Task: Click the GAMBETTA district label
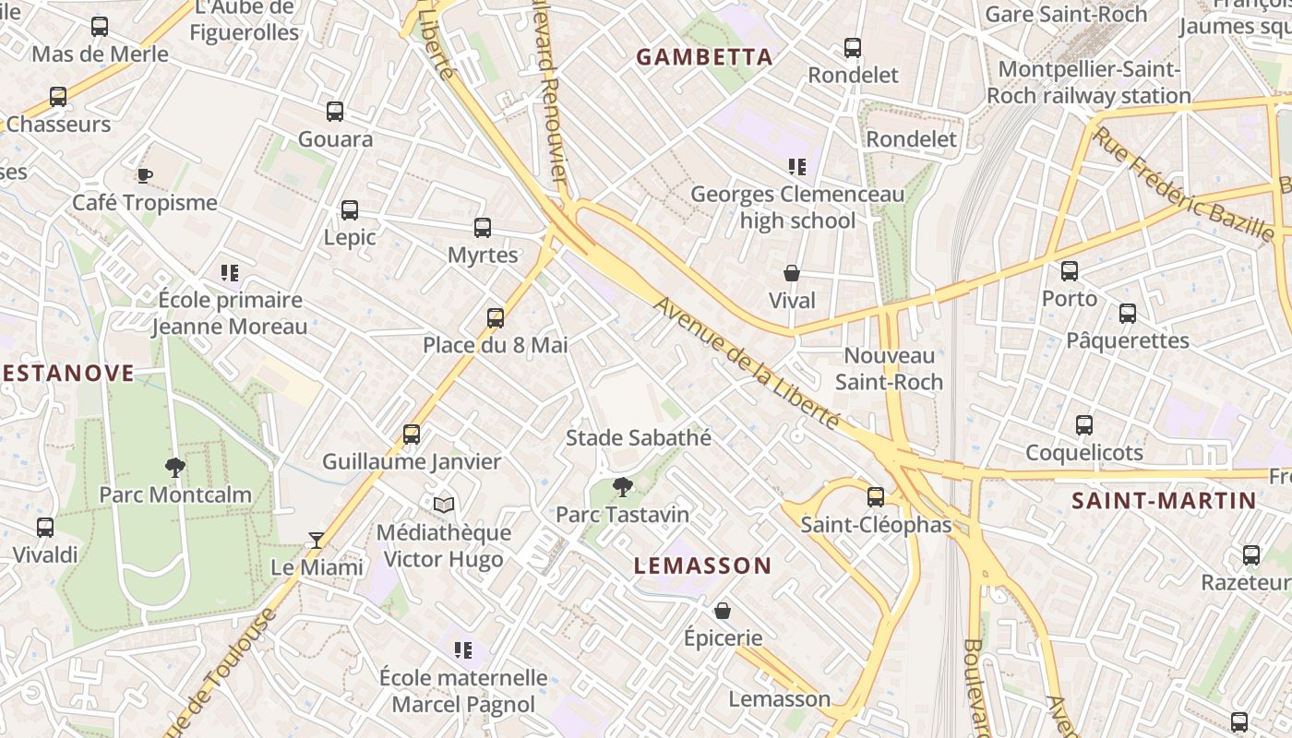click(704, 57)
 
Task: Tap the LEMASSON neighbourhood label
click(702, 565)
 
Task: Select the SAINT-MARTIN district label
click(1164, 501)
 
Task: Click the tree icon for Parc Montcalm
click(175, 467)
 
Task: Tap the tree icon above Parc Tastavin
click(623, 486)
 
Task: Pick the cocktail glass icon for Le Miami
click(317, 540)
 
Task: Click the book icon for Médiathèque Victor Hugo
click(444, 505)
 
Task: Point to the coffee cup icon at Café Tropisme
click(144, 175)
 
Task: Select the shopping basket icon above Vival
click(792, 273)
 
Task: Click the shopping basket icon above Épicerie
click(723, 611)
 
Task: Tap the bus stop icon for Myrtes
click(483, 227)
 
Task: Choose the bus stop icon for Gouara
click(335, 112)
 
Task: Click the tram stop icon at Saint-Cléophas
click(876, 497)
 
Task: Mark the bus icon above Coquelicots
click(1084, 425)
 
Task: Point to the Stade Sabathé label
click(639, 437)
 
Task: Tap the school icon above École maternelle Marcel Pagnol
click(463, 650)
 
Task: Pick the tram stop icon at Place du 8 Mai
click(496, 318)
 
